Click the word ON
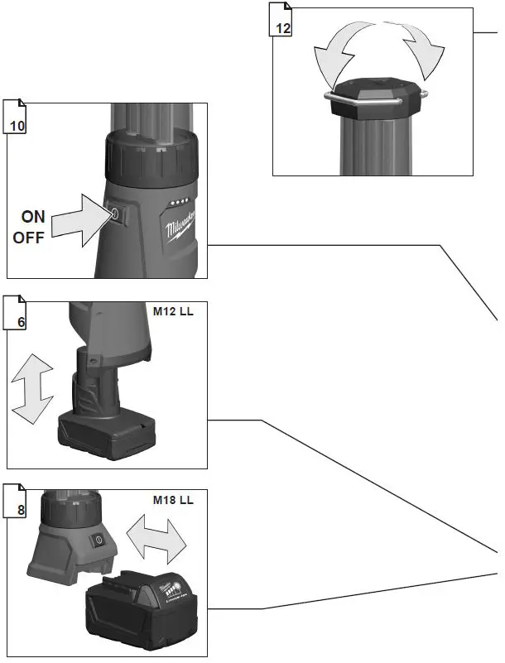(33, 217)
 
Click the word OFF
(29, 238)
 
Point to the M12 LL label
(173, 312)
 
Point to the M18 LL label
(173, 500)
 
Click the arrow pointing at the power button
(79, 219)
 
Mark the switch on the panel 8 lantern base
(99, 540)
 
